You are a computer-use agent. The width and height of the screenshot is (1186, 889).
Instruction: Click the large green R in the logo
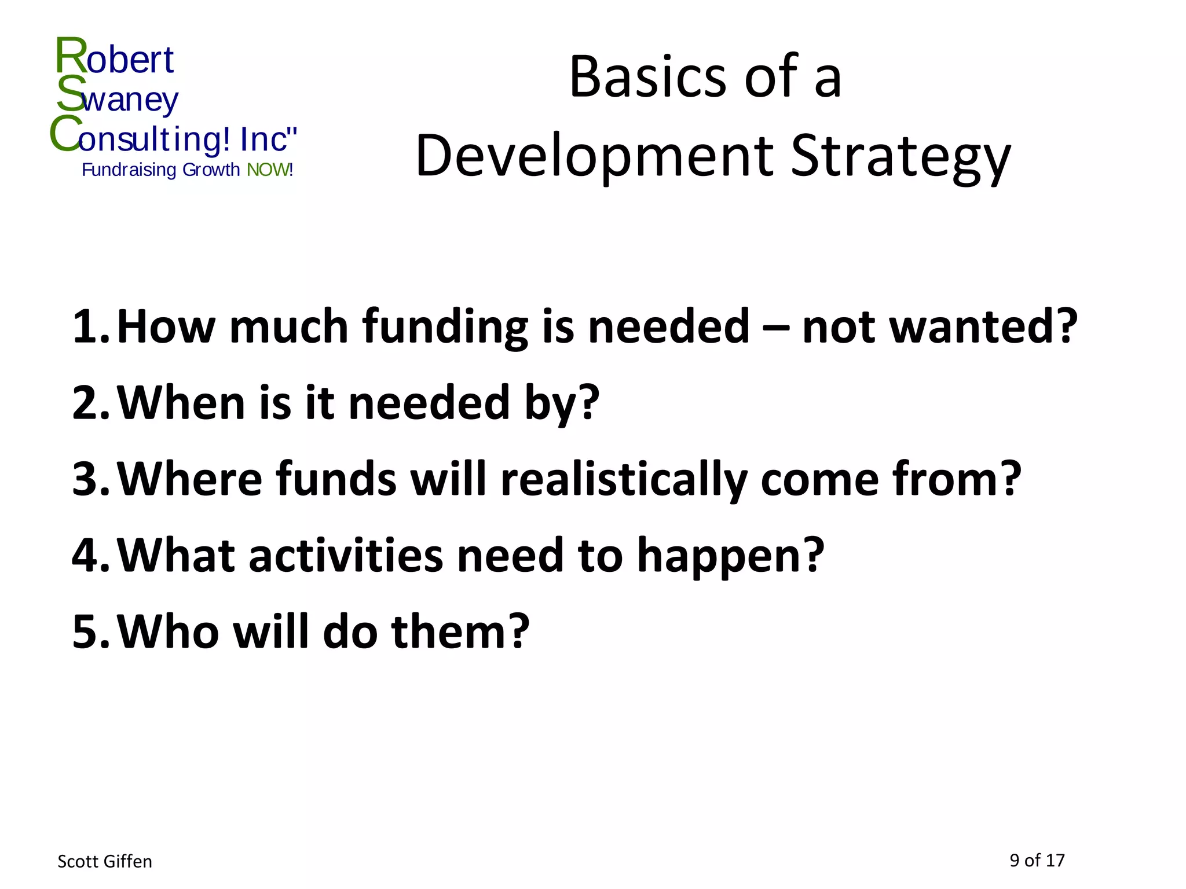tap(71, 56)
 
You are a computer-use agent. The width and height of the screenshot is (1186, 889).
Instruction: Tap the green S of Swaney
tap(71, 94)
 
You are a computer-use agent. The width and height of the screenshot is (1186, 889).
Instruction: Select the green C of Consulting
tap(65, 134)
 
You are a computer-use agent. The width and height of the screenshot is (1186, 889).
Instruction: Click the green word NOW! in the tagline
tap(270, 170)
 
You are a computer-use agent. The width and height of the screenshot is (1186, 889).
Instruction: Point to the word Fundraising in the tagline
tap(129, 170)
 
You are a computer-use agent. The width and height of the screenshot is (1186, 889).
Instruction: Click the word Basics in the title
tap(647, 77)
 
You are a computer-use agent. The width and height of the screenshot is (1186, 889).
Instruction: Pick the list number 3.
tap(90, 480)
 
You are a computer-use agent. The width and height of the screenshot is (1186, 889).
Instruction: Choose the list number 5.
tap(90, 632)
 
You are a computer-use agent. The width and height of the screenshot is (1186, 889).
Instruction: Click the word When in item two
tap(181, 403)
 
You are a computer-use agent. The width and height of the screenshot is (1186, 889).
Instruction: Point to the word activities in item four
tap(345, 556)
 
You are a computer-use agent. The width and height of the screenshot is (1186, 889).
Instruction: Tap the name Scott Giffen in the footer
tap(105, 862)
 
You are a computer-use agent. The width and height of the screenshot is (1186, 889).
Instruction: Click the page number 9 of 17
tap(1037, 861)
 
